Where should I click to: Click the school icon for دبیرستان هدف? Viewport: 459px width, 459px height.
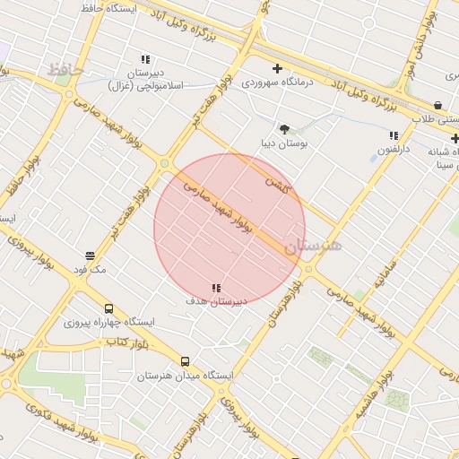(216, 288)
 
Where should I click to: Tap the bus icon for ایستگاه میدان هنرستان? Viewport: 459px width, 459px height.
(186, 361)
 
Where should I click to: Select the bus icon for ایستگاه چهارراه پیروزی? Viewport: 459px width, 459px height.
(108, 307)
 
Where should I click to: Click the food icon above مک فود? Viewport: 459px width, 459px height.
(90, 255)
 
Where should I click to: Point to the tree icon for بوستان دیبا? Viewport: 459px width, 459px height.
(284, 129)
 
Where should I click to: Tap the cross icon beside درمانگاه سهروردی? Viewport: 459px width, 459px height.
(277, 68)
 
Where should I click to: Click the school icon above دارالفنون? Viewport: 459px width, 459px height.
(394, 135)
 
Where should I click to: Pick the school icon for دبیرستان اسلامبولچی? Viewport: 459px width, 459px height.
(145, 59)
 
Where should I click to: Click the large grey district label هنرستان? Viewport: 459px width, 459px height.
(313, 245)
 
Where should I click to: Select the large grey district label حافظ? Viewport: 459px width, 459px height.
(65, 69)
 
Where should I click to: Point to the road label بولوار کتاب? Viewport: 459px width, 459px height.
(126, 342)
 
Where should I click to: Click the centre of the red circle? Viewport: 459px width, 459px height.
(229, 229)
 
